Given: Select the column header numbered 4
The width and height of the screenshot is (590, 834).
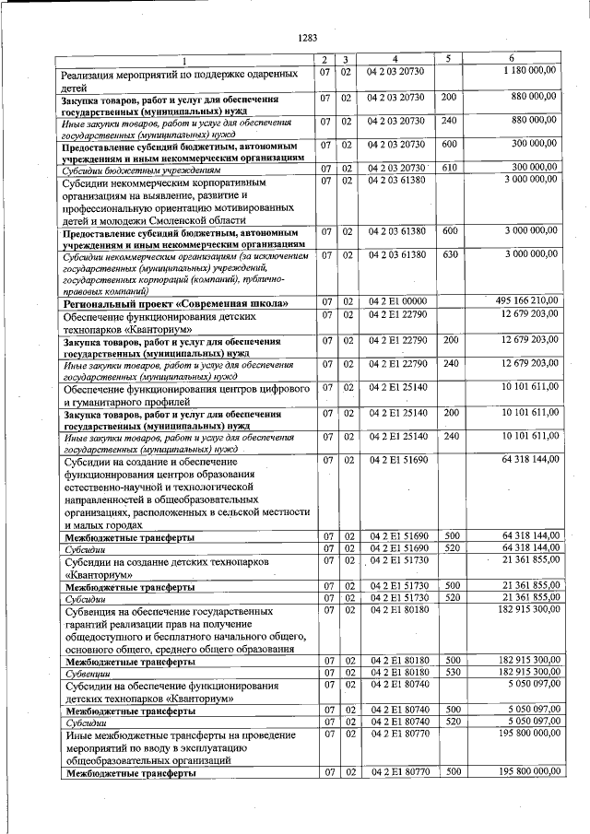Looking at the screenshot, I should [395, 59].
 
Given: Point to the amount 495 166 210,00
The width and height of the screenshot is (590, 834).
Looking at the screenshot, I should [524, 301].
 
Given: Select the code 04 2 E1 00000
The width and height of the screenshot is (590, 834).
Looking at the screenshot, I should [395, 301].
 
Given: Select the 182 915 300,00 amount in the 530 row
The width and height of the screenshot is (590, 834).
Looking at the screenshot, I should [524, 674].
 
